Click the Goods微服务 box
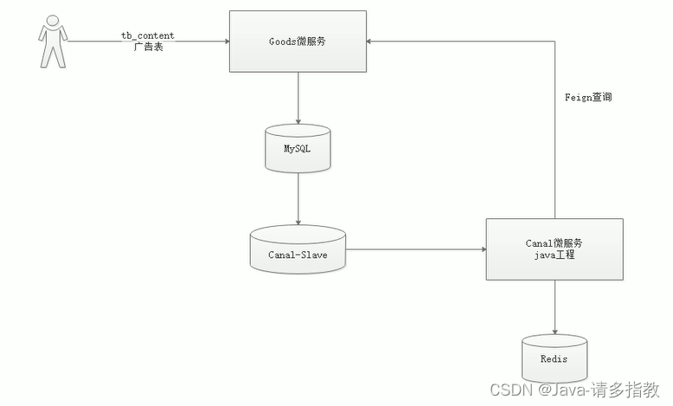point(298,42)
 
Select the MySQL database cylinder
point(298,149)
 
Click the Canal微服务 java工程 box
point(554,249)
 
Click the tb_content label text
point(147,35)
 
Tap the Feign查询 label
point(588,98)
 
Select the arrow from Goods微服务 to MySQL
point(298,97)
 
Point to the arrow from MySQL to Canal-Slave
point(298,199)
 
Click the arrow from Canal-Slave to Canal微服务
point(415,249)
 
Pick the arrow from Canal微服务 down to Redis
point(554,306)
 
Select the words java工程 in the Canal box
point(554,257)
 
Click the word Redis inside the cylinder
point(554,358)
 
